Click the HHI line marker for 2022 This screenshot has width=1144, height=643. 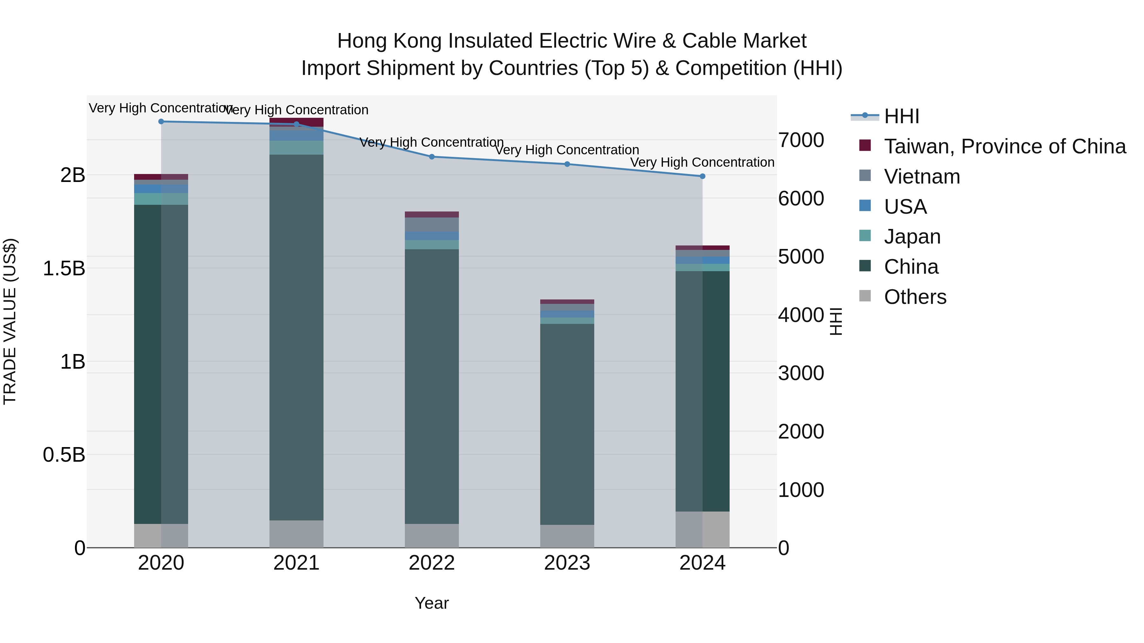pyautogui.click(x=432, y=157)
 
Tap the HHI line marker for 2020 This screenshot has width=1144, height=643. pyautogui.click(x=161, y=122)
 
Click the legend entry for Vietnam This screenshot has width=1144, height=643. pyautogui.click(x=922, y=177)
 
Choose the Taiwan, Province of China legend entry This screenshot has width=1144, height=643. pyautogui.click(x=1004, y=146)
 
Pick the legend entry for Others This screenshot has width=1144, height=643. pyautogui.click(x=915, y=297)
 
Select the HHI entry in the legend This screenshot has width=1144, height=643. pyautogui.click(x=902, y=116)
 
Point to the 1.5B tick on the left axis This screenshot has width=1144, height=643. pyautogui.click(x=64, y=268)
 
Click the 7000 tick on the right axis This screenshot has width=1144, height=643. pyautogui.click(x=801, y=140)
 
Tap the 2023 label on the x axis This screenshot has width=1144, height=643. pyautogui.click(x=567, y=563)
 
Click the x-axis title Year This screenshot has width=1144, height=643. pyautogui.click(x=432, y=603)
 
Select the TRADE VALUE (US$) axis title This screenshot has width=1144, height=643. pyautogui.click(x=10, y=321)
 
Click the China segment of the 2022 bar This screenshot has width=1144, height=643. pyautogui.click(x=432, y=386)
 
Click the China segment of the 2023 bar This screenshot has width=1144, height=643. pyautogui.click(x=567, y=424)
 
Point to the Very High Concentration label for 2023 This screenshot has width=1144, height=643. pyautogui.click(x=567, y=150)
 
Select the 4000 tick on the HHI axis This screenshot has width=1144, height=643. pyautogui.click(x=801, y=315)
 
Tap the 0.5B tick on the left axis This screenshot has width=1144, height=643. pyautogui.click(x=64, y=455)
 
